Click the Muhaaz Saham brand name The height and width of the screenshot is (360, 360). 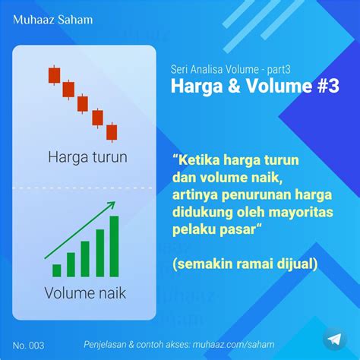pyautogui.click(x=53, y=20)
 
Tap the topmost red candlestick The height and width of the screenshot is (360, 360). pyautogui.click(x=54, y=75)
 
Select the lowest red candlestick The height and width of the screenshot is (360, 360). pyautogui.click(x=112, y=132)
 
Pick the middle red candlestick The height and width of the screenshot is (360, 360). pyautogui.click(x=83, y=104)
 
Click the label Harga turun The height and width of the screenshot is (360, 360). pyautogui.click(x=87, y=157)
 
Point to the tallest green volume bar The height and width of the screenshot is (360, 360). pyautogui.click(x=114, y=246)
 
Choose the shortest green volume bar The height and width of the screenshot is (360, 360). pyautogui.click(x=57, y=270)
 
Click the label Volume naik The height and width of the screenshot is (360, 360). pyautogui.click(x=85, y=293)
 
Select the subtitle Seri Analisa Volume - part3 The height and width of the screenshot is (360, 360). pyautogui.click(x=230, y=69)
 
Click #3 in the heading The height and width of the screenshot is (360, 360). pyautogui.click(x=328, y=86)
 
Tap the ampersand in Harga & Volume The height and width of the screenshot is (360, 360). pyautogui.click(x=234, y=86)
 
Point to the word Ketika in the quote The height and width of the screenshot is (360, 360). pyautogui.click(x=199, y=160)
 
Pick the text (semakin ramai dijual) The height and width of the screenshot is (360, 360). pyautogui.click(x=245, y=264)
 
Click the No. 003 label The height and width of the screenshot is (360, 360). pyautogui.click(x=28, y=346)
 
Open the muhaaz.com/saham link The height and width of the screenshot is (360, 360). pyautogui.click(x=233, y=345)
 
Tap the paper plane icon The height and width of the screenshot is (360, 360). pyautogui.click(x=334, y=339)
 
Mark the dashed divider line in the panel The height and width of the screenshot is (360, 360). pyautogui.click(x=83, y=188)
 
